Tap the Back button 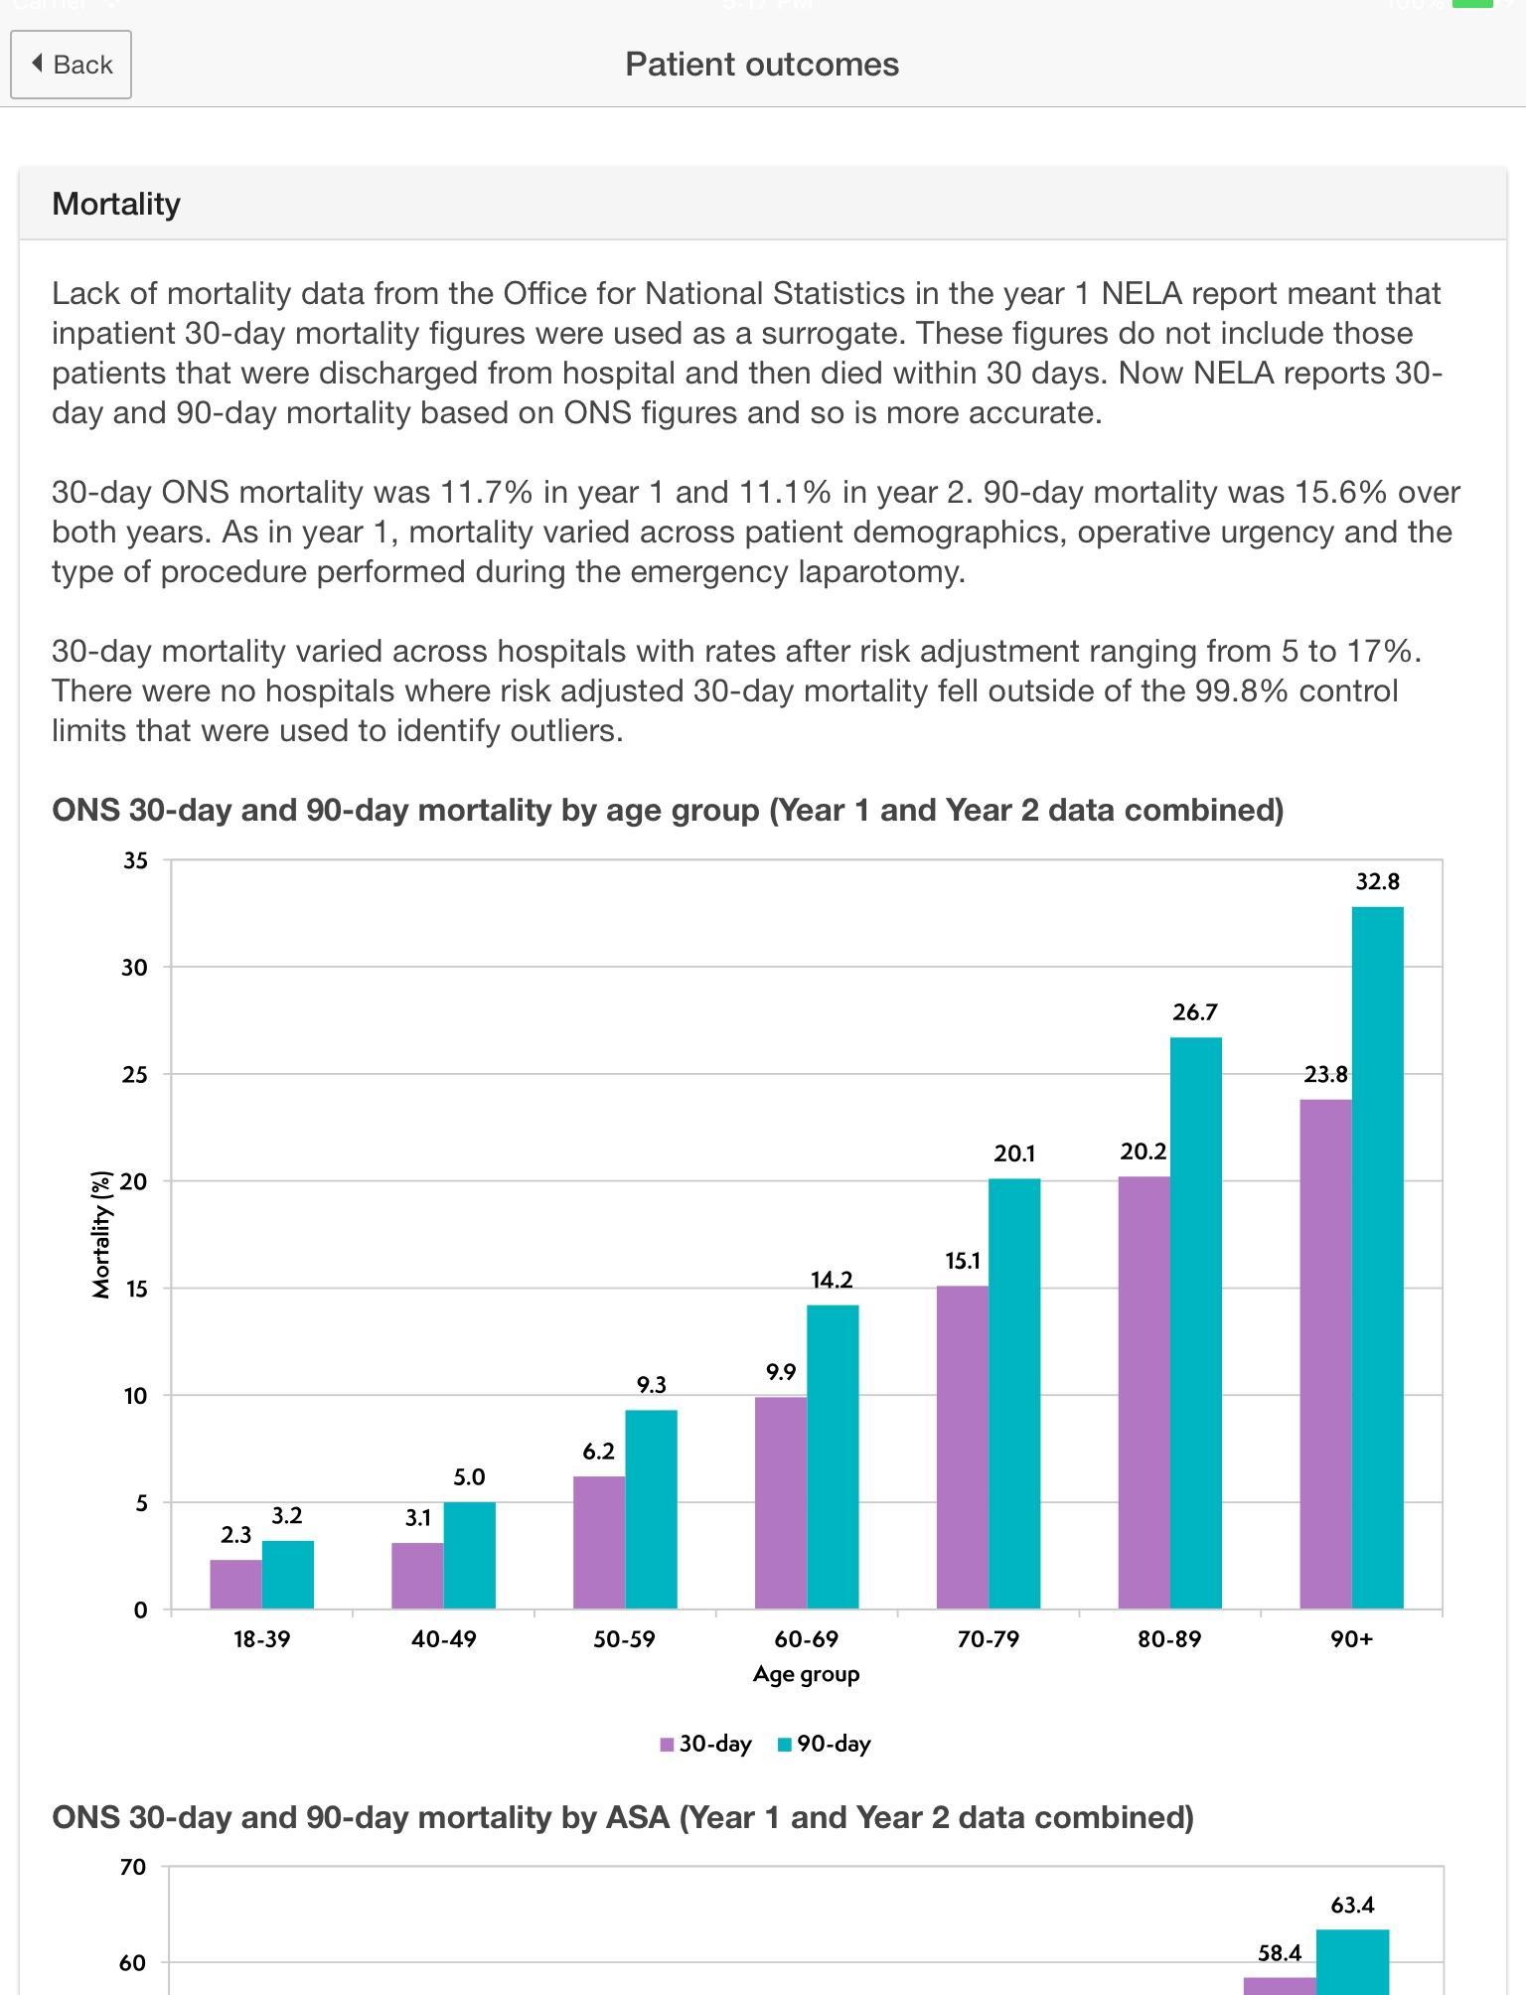[x=71, y=65]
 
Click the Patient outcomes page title [x=762, y=65]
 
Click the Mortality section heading [x=116, y=204]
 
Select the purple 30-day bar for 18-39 [x=236, y=1584]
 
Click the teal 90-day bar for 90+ [x=1378, y=1258]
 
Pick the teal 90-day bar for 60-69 [x=833, y=1457]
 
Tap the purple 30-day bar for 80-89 [x=1144, y=1393]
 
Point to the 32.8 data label [x=1378, y=881]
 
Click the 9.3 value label [x=652, y=1385]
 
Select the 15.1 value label [x=963, y=1261]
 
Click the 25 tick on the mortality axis [x=134, y=1074]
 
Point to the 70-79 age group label [x=989, y=1639]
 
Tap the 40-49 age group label [x=444, y=1639]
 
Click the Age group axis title [x=807, y=1675]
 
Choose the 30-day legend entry [x=706, y=1745]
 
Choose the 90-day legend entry [x=825, y=1745]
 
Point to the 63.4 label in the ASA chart [x=1352, y=1906]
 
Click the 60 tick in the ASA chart [x=133, y=1963]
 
